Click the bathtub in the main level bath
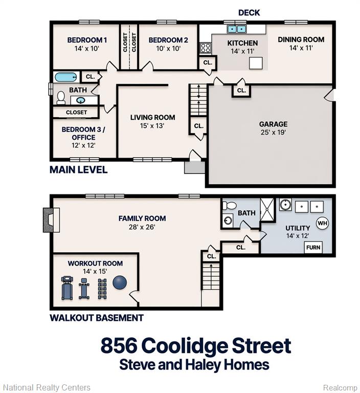coord(65,77)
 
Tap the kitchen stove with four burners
coord(206,48)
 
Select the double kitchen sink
coord(236,29)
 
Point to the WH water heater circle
coord(322,223)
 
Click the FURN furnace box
coord(313,247)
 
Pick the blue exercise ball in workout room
coord(120,282)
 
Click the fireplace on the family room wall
coord(51,220)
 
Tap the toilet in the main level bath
coord(61,98)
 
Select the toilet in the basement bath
coord(229,206)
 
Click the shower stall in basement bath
coord(267,209)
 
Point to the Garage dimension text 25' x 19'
coord(273,132)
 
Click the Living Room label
coord(152,117)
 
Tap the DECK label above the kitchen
coord(249,12)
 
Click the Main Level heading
coord(78,170)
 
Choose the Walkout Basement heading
coord(97,318)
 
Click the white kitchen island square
coord(256,63)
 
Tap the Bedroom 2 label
coord(168,40)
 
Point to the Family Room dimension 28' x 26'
coord(142,227)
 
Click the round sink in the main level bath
coord(80,100)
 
